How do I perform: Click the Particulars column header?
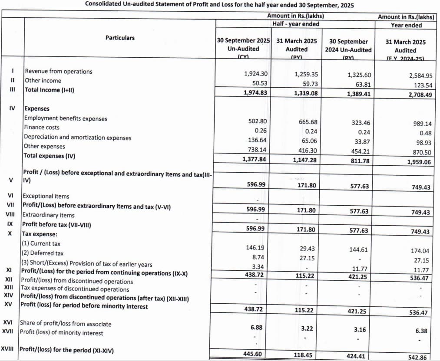pos(120,38)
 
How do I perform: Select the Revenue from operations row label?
pos(59,71)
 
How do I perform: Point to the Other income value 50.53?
pos(259,83)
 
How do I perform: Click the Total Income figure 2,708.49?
pos(420,94)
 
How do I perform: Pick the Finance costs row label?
pos(42,128)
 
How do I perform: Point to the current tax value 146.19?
pos(256,248)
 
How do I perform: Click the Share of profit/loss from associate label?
pos(65,324)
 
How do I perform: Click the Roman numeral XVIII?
pos(9,349)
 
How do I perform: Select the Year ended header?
pos(406,25)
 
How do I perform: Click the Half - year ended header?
pos(296,24)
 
